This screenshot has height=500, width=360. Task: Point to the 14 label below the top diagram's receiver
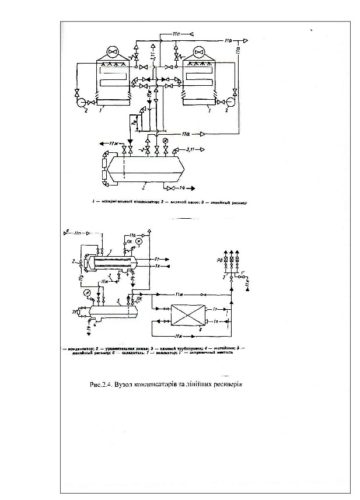click(181, 189)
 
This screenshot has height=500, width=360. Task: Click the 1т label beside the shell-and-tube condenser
click(158, 258)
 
